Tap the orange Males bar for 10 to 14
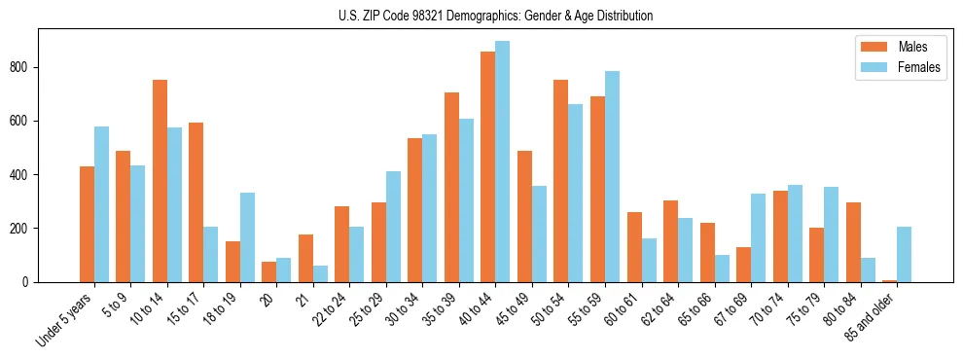160,181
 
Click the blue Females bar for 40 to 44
502,162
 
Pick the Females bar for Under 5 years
101,204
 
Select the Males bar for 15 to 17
196,202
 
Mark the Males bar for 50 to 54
560,181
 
